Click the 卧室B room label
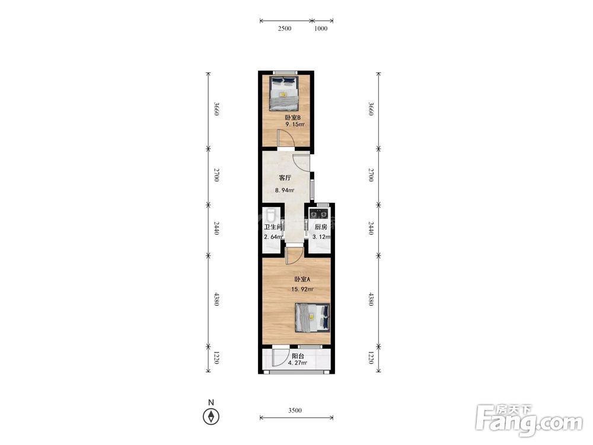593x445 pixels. point(292,117)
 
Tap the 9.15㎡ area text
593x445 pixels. point(295,125)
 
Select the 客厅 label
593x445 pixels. point(285,178)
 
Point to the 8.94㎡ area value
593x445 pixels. point(285,190)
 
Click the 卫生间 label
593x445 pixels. point(273,227)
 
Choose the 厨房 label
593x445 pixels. point(321,227)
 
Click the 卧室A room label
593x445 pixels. point(302,279)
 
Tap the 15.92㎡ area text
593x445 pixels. point(302,290)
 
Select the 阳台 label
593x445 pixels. point(298,356)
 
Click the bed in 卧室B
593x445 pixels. point(284,93)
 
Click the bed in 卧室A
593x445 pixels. point(313,317)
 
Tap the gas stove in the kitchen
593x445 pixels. point(318,214)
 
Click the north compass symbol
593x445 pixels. point(211,417)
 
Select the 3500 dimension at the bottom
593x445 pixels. point(295,411)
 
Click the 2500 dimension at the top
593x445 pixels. point(285,28)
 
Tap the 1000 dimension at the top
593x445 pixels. point(321,28)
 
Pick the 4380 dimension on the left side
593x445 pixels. point(216,299)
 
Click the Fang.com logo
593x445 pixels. point(529,421)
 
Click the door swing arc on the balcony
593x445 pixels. point(278,360)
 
